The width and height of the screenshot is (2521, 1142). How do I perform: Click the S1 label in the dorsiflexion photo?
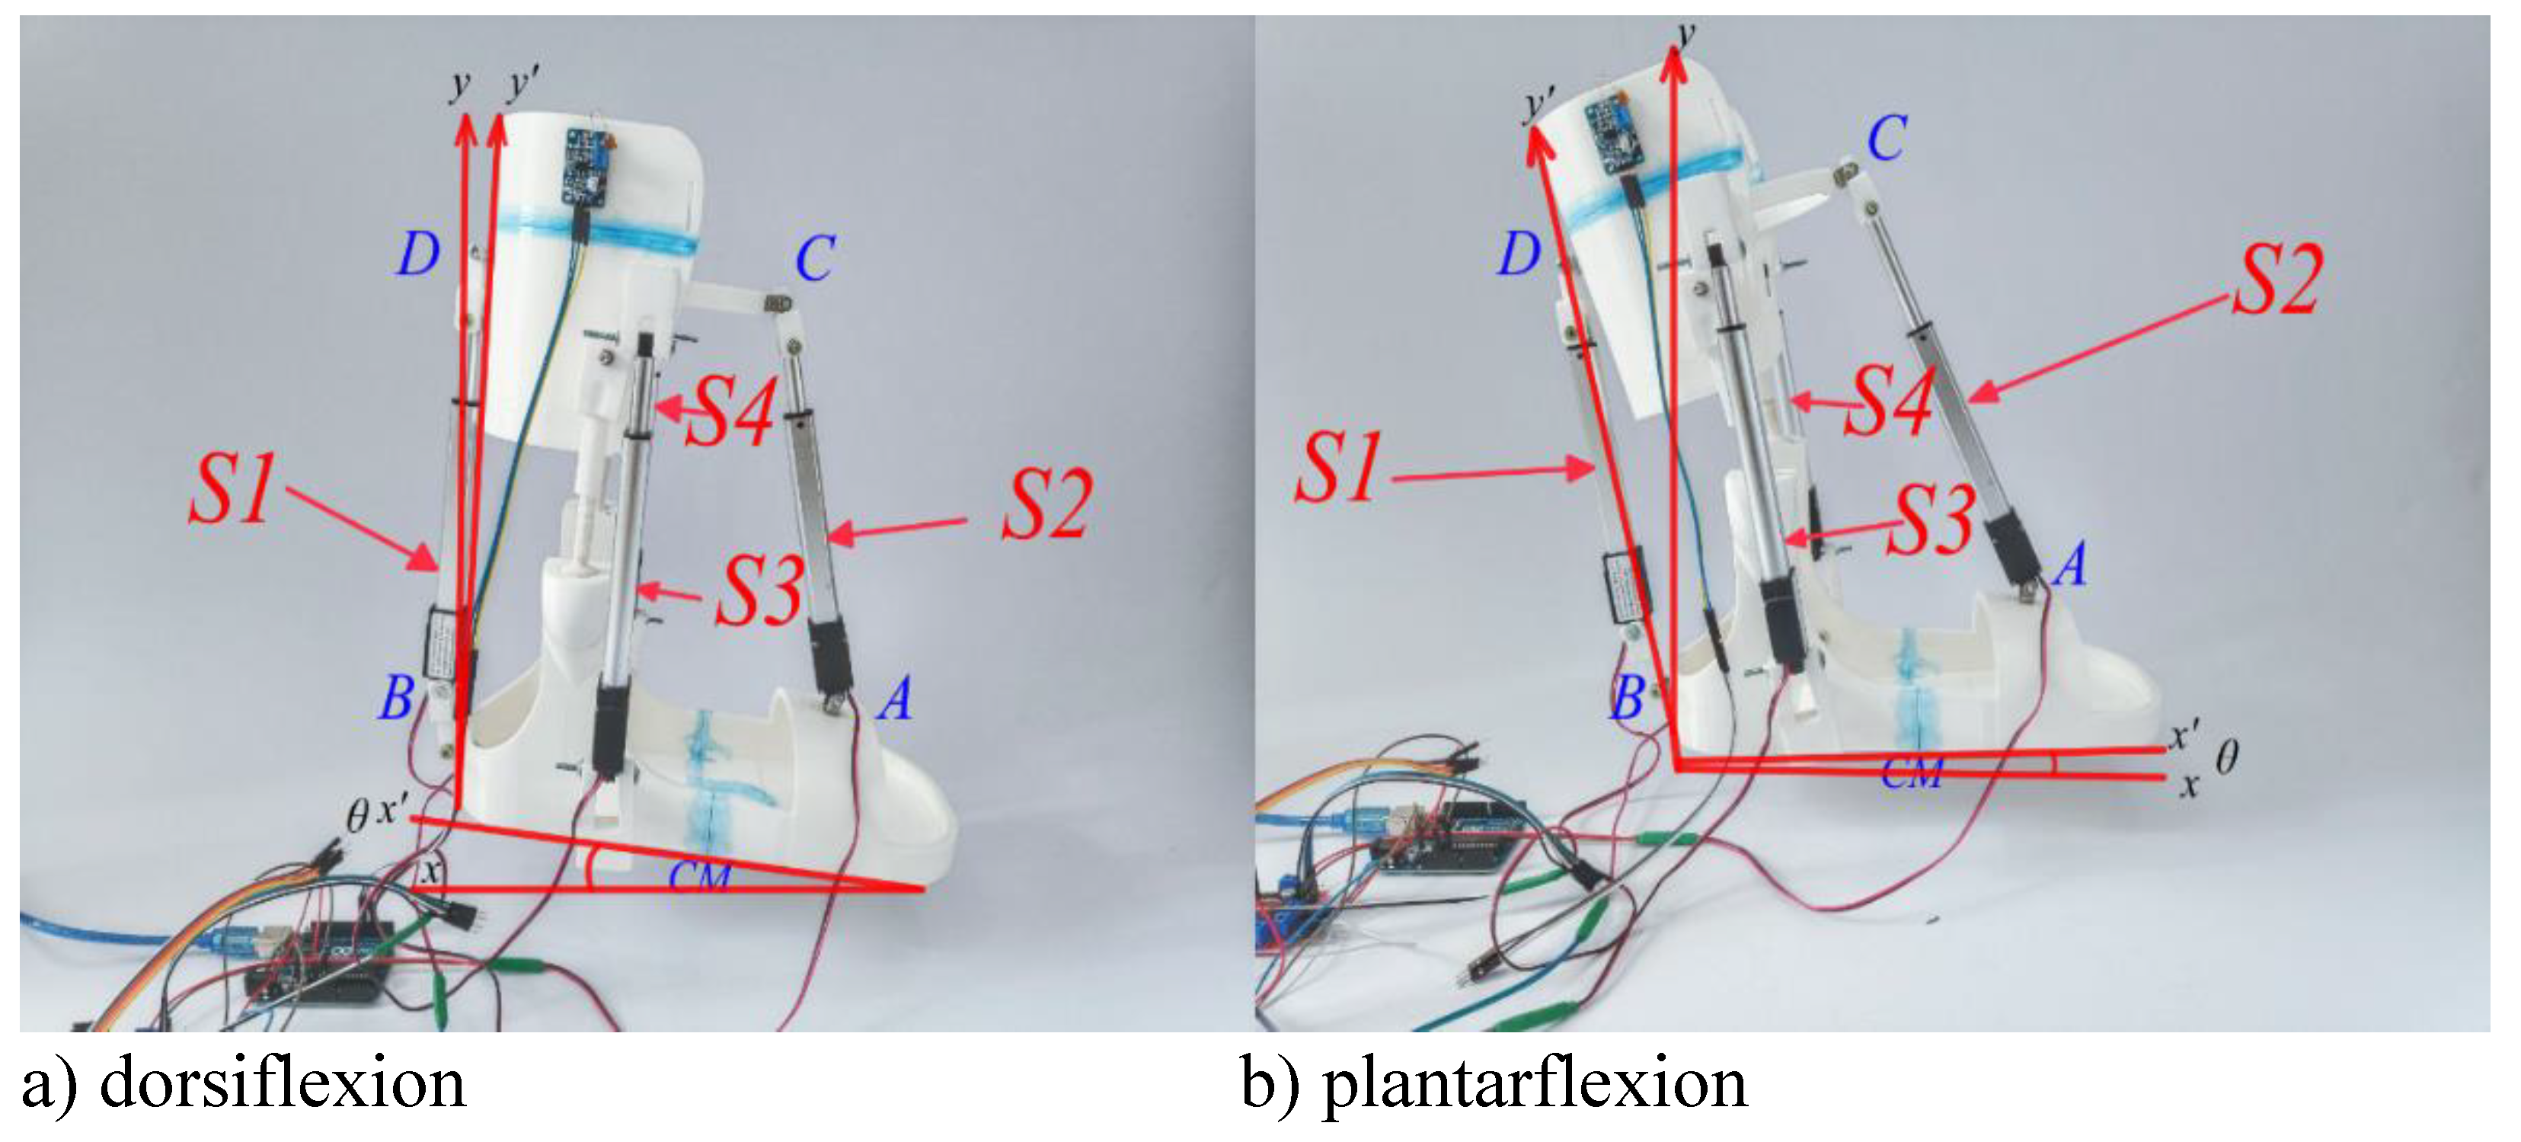232,489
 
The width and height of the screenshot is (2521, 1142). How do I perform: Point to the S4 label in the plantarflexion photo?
1888,401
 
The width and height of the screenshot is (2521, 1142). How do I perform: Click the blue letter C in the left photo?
814,259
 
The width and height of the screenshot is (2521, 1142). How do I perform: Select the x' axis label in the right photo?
2184,736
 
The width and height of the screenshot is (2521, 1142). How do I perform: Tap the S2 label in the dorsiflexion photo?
1044,505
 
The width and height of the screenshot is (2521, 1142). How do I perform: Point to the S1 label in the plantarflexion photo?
1338,468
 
